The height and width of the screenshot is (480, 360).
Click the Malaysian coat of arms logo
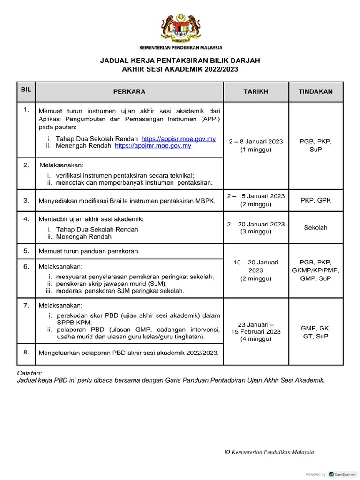coord(180,29)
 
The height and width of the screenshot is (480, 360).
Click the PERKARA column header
coord(129,92)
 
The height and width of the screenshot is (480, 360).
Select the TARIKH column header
coord(255,92)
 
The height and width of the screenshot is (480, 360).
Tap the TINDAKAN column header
coord(315,92)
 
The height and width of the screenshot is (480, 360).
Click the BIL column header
coord(26,89)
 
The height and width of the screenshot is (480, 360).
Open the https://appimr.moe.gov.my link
coord(153,146)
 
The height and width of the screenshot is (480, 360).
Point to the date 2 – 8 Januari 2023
coord(255,141)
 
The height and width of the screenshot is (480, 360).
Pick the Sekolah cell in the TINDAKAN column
coord(315,228)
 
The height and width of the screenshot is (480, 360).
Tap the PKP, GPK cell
coord(315,200)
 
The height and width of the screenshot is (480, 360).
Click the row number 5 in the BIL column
coord(26,251)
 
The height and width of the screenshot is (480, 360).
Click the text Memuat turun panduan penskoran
coord(89,251)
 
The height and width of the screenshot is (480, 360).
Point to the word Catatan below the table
coord(29,373)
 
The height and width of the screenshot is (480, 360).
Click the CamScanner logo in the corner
coord(343,474)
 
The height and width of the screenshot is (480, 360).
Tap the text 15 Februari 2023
coord(255,331)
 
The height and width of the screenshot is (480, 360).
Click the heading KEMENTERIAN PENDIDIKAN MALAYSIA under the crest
coord(180,48)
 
